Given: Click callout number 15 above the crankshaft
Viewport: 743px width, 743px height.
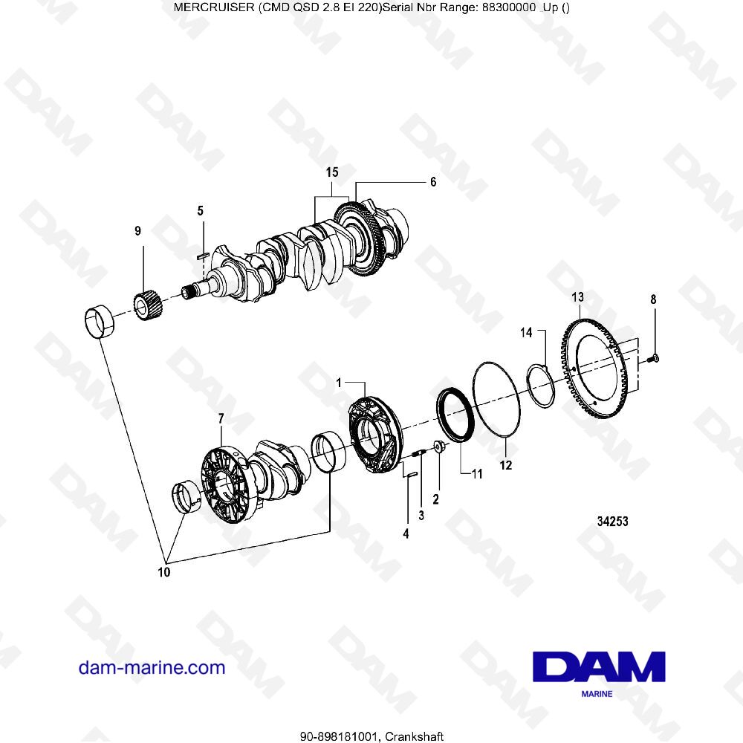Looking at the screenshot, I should click(x=332, y=172).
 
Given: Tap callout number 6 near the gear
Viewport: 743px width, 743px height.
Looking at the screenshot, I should click(x=433, y=181).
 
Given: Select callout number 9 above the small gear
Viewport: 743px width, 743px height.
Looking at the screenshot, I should click(x=137, y=232).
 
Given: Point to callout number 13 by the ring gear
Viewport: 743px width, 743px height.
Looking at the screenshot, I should click(x=578, y=297).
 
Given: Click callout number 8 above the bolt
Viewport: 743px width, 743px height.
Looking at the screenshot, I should click(x=653, y=299).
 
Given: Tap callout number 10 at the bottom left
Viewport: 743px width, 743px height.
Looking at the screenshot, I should click(x=163, y=572).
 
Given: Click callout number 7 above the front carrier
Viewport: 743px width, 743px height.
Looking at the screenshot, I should click(x=220, y=420).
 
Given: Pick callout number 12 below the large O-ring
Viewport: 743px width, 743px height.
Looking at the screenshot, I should click(x=506, y=466).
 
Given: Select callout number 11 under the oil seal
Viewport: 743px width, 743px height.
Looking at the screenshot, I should click(x=477, y=473).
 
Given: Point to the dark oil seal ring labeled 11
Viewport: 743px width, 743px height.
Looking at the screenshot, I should click(x=453, y=416).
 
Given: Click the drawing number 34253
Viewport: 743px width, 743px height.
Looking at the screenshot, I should click(x=613, y=522).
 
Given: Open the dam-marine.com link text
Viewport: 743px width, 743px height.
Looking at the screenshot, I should click(x=152, y=667).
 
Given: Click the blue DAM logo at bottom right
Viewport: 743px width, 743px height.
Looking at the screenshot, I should click(x=599, y=666).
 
